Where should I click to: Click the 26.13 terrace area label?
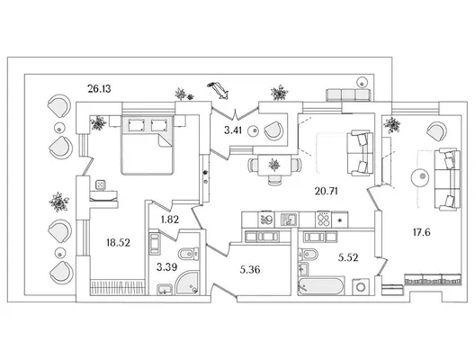pyautogui.click(x=99, y=89)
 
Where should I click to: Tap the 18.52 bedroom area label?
pyautogui.click(x=119, y=242)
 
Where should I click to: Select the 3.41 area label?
pyautogui.click(x=233, y=130)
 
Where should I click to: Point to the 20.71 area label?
pyautogui.click(x=327, y=191)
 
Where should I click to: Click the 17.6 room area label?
pyautogui.click(x=422, y=232)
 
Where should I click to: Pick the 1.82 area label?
pyautogui.click(x=170, y=219)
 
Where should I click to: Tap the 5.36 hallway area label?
pyautogui.click(x=250, y=269)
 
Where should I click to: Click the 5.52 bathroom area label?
pyautogui.click(x=348, y=257)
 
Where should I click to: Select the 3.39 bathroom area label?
pyautogui.click(x=167, y=267)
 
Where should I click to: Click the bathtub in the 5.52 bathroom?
pyautogui.click(x=321, y=286)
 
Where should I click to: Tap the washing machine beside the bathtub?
pyautogui.click(x=361, y=286)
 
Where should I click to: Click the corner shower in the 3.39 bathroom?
pyautogui.click(x=187, y=283)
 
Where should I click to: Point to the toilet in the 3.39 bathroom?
pyautogui.click(x=188, y=254)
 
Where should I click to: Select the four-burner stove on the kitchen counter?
pyautogui.click(x=323, y=219)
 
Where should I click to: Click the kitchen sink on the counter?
pyautogui.click(x=290, y=219)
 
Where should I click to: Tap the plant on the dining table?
pyautogui.click(x=274, y=165)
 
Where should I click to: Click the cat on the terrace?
pyautogui.click(x=218, y=90)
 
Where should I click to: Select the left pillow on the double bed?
pyautogui.click(x=136, y=125)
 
